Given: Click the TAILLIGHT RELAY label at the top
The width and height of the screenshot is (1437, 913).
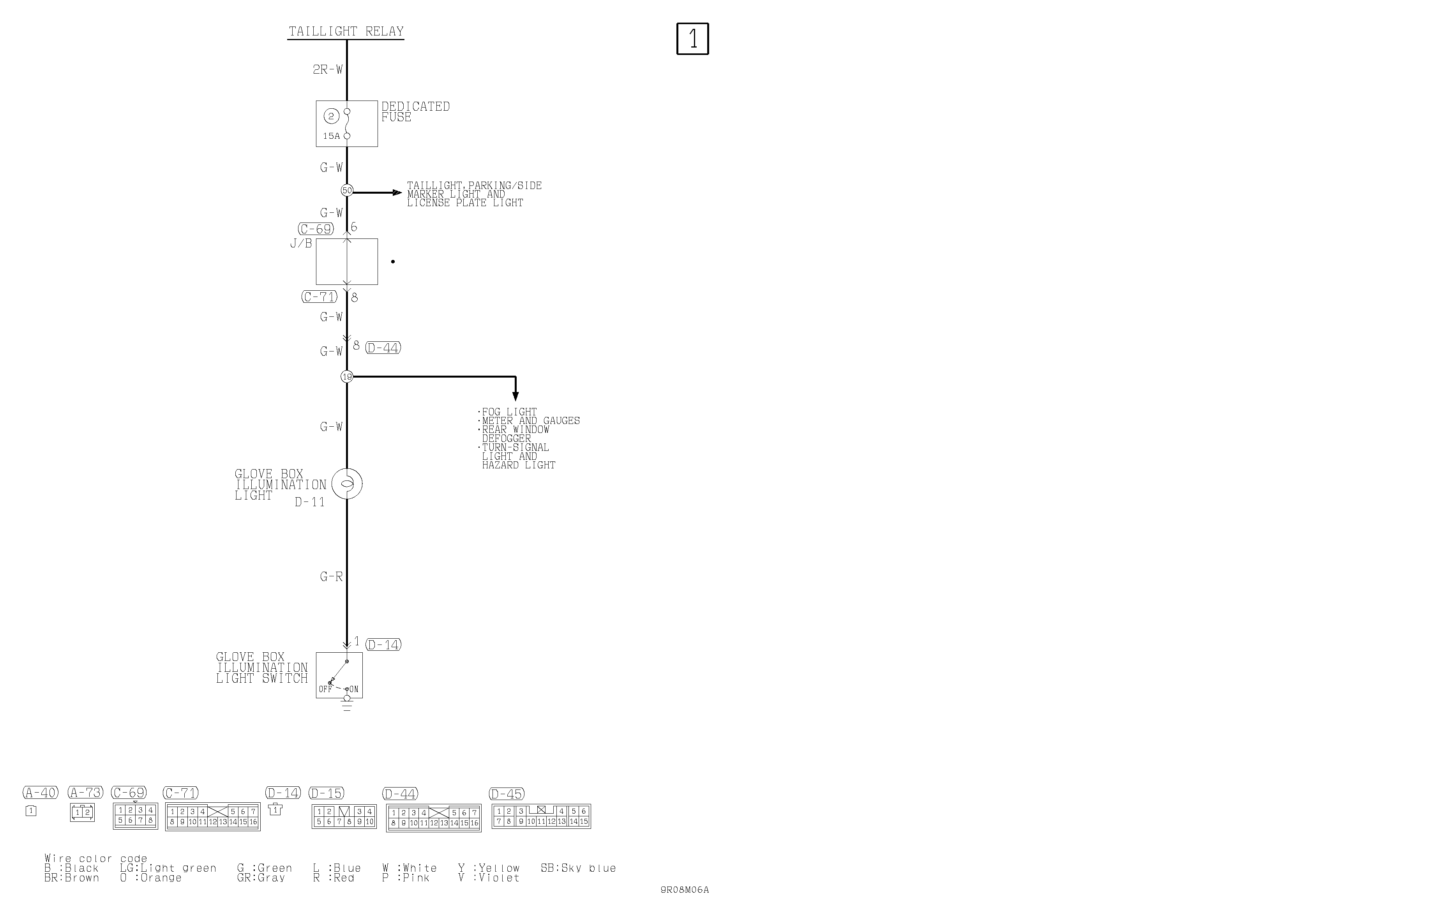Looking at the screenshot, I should point(346,31).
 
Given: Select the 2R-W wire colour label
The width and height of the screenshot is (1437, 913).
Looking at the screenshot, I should point(328,69).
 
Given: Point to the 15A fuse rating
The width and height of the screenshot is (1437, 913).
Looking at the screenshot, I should point(331,136).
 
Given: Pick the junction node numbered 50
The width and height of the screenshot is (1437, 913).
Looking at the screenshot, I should point(347,191).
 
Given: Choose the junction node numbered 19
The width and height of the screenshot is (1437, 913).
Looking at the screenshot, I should point(347,376).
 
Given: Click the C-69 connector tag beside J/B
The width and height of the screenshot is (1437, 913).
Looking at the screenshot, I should point(316,229).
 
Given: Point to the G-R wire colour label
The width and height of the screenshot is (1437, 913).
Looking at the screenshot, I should point(331,576).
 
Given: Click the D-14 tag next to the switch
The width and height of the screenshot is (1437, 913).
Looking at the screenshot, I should point(383,645).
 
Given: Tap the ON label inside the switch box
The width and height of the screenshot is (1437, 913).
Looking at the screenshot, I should point(354,689).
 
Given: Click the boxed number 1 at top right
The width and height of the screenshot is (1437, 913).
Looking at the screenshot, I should point(692,39).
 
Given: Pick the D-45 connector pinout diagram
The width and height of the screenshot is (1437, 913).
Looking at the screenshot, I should point(541,816).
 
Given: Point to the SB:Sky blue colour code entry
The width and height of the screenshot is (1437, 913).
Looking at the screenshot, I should point(578,868).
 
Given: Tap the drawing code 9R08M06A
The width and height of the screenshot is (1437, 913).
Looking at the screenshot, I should point(685,890).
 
